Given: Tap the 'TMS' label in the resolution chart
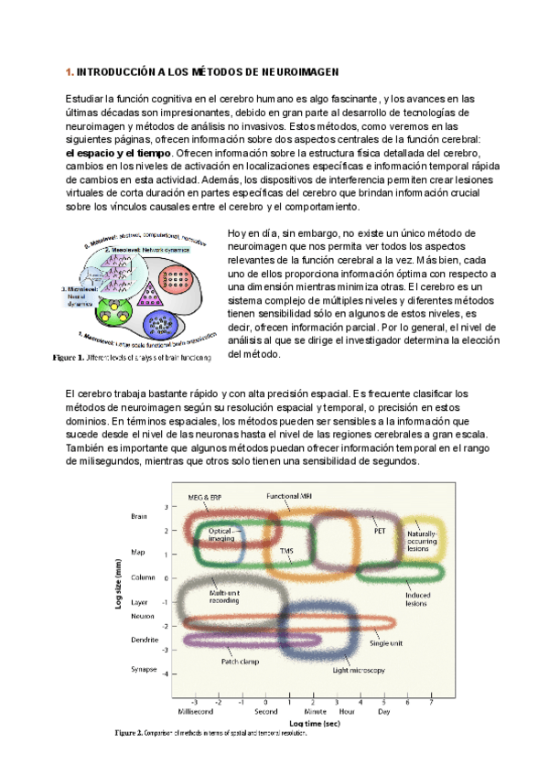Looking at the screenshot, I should tap(287, 551).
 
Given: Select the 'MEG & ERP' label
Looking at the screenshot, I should tap(206, 497).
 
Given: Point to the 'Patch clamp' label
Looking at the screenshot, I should tap(240, 660).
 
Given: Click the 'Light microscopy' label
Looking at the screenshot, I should tap(359, 670).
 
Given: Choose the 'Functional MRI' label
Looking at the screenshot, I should tap(289, 495).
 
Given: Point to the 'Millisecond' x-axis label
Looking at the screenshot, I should tap(195, 709).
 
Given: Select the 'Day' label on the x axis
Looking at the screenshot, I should tap(383, 709).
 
